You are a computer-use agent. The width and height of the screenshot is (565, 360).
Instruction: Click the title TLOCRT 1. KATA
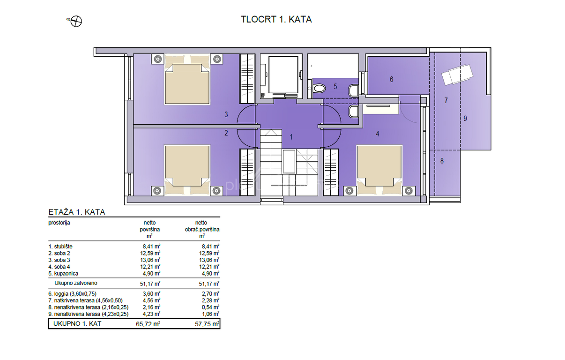click(276, 19)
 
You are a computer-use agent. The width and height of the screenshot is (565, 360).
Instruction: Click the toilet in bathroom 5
click(318, 89)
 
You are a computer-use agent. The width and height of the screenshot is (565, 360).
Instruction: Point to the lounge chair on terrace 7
click(457, 75)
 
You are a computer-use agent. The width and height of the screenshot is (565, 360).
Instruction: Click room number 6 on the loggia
click(392, 79)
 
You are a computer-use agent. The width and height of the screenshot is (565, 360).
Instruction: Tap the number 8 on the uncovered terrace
click(442, 161)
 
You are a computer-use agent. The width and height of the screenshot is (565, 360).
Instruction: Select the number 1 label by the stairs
click(291, 137)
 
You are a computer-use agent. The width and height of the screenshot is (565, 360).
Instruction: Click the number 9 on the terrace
click(465, 118)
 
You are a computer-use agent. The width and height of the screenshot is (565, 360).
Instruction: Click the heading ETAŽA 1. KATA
click(77, 212)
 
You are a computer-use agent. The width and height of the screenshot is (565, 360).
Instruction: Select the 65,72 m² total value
click(148, 324)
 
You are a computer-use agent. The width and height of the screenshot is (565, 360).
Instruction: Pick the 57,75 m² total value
click(207, 324)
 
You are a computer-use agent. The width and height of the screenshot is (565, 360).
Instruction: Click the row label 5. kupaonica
click(63, 273)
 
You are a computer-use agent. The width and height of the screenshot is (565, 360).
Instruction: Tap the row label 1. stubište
click(60, 247)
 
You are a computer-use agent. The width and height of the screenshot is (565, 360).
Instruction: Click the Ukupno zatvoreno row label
click(76, 283)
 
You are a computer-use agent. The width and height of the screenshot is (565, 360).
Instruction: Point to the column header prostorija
click(59, 223)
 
